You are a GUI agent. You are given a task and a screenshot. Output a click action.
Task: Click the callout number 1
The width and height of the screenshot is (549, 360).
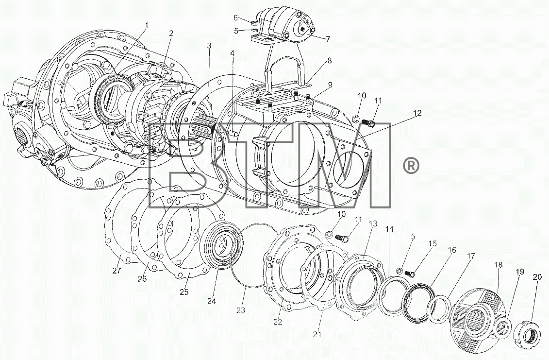pyautogui.click(x=147, y=25)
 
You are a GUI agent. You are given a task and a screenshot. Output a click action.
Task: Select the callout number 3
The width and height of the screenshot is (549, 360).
pyautogui.click(x=209, y=46)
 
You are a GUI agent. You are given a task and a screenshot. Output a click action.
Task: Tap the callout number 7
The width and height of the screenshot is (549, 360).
pyautogui.click(x=328, y=39)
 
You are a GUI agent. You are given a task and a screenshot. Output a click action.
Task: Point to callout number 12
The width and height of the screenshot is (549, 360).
pyautogui.click(x=416, y=113)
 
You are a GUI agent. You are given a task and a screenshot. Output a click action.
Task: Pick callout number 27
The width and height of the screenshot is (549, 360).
pyautogui.click(x=116, y=271)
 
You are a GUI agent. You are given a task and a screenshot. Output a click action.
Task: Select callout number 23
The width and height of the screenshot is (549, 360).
pyautogui.click(x=241, y=310)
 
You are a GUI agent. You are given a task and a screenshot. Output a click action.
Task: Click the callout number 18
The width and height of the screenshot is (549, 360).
pyautogui.click(x=498, y=265)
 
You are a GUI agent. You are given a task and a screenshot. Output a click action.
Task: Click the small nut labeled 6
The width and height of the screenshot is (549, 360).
pyautogui.click(x=254, y=23)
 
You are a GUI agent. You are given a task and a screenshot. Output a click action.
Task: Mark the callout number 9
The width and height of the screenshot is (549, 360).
pyautogui.click(x=330, y=85)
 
